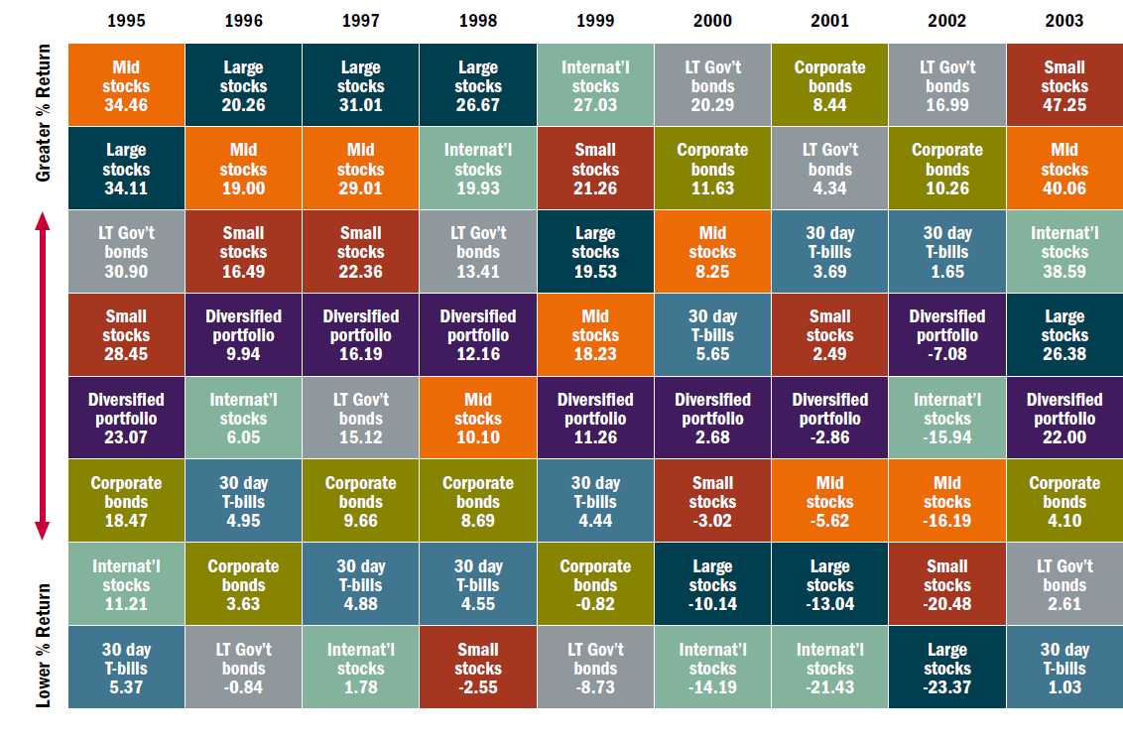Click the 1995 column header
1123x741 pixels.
pyautogui.click(x=126, y=20)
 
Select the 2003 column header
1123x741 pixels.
pyautogui.click(x=1063, y=20)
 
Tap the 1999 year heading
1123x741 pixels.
pyautogui.click(x=594, y=20)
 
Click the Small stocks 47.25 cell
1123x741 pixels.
pyautogui.click(x=1063, y=85)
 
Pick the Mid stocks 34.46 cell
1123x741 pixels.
pyautogui.click(x=126, y=85)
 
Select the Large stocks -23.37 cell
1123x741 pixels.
pyautogui.click(x=946, y=668)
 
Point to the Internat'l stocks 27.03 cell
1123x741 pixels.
pyautogui.click(x=594, y=85)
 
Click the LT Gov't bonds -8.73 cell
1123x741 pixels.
pyautogui.click(x=594, y=668)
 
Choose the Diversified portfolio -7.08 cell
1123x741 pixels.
pyautogui.click(x=946, y=334)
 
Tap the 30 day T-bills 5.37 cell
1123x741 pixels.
pyautogui.click(x=126, y=668)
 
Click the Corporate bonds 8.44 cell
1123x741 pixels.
pyautogui.click(x=829, y=85)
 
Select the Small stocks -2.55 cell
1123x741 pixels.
pyautogui.click(x=477, y=668)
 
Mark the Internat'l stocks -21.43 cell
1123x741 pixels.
pyautogui.click(x=829, y=668)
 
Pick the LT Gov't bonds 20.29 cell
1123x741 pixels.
pyautogui.click(x=712, y=85)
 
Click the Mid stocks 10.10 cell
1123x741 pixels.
pyautogui.click(x=477, y=418)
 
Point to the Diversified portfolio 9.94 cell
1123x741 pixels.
pyautogui.click(x=243, y=334)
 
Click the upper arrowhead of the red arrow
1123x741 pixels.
pyautogui.click(x=44, y=223)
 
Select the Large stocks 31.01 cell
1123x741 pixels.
pyautogui.click(x=360, y=85)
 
